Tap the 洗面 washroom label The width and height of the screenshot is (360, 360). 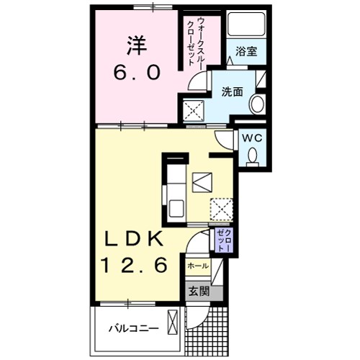(x=231, y=91)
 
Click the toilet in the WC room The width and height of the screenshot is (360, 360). (x=253, y=155)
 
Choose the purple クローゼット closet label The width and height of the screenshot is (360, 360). (x=223, y=240)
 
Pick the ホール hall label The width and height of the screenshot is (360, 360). (x=197, y=266)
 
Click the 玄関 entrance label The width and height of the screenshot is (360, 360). (x=199, y=292)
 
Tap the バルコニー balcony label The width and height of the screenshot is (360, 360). (x=133, y=328)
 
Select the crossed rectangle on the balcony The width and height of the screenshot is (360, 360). (x=174, y=322)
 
